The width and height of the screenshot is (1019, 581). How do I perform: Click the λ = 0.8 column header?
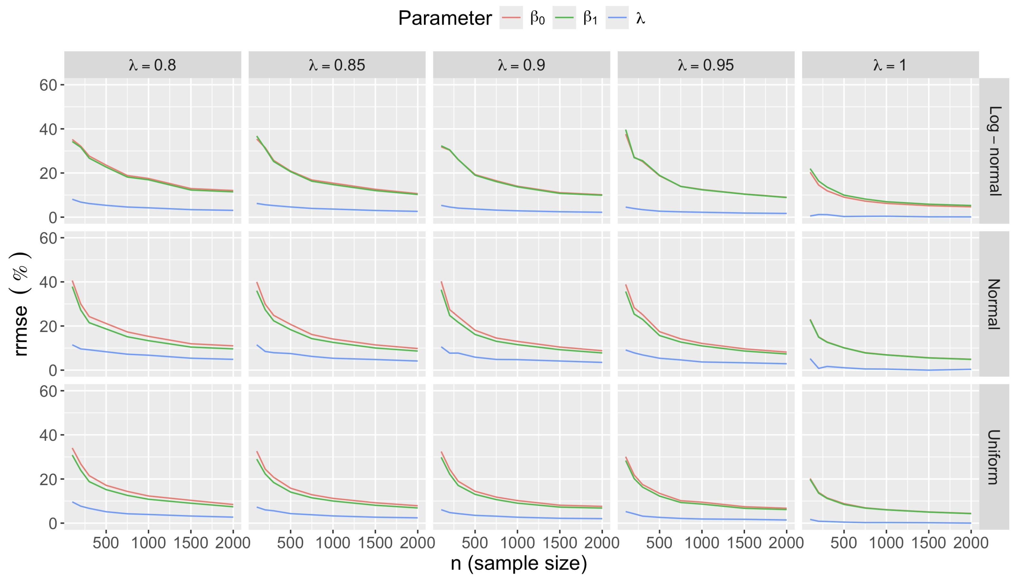(x=152, y=65)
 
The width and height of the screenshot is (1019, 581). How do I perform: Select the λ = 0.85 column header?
(x=337, y=65)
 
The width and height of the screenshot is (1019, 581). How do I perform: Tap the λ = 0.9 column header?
(x=521, y=65)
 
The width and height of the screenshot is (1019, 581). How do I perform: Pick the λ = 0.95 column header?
(x=706, y=65)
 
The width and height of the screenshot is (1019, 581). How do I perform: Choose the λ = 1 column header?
(x=890, y=65)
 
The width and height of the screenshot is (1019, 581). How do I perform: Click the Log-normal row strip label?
(x=994, y=151)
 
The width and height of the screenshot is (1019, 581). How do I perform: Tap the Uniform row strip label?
(x=994, y=457)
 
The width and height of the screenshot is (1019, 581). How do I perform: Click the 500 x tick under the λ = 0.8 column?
(x=106, y=543)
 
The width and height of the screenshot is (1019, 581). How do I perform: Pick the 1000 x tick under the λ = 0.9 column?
(x=517, y=543)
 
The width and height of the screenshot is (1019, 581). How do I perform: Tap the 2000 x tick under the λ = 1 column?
(x=971, y=543)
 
